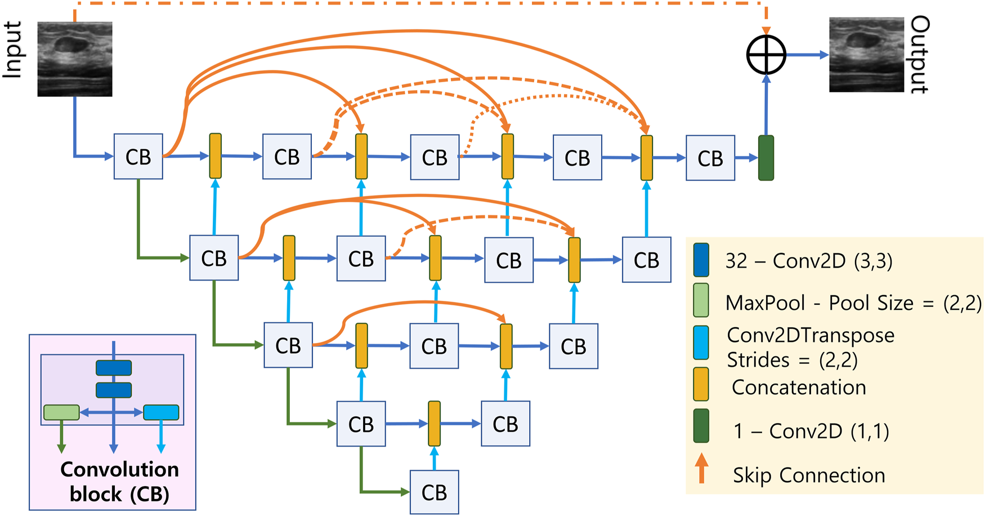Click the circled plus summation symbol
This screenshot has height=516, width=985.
point(766,55)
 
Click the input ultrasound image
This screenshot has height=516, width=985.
point(75,59)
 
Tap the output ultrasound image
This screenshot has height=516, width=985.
point(866,55)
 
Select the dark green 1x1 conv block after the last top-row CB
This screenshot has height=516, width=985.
point(766,158)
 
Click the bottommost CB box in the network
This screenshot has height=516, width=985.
point(434,492)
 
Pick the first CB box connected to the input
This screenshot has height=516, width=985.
point(138,157)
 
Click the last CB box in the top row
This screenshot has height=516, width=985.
point(710,158)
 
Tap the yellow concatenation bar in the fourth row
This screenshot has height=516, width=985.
point(434,424)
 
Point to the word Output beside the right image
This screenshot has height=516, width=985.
point(920,55)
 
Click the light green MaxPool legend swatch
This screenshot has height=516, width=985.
point(701,300)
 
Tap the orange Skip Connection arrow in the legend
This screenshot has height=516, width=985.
point(701,469)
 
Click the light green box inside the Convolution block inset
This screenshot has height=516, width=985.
point(61,412)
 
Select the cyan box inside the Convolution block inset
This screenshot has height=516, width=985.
point(161,412)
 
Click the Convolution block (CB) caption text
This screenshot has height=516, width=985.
point(119,482)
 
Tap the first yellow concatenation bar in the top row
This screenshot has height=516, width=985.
point(215,156)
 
